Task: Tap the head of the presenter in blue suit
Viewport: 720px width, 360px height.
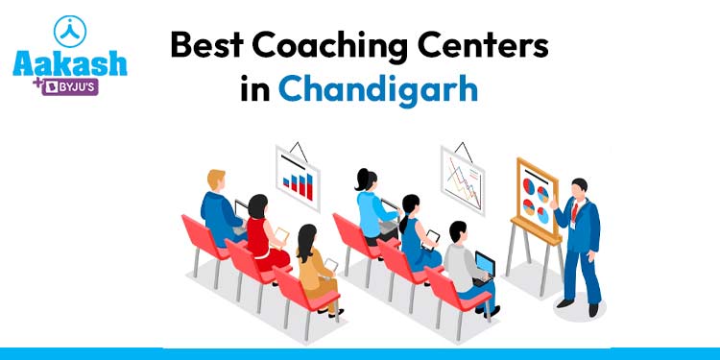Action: tap(579, 186)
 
